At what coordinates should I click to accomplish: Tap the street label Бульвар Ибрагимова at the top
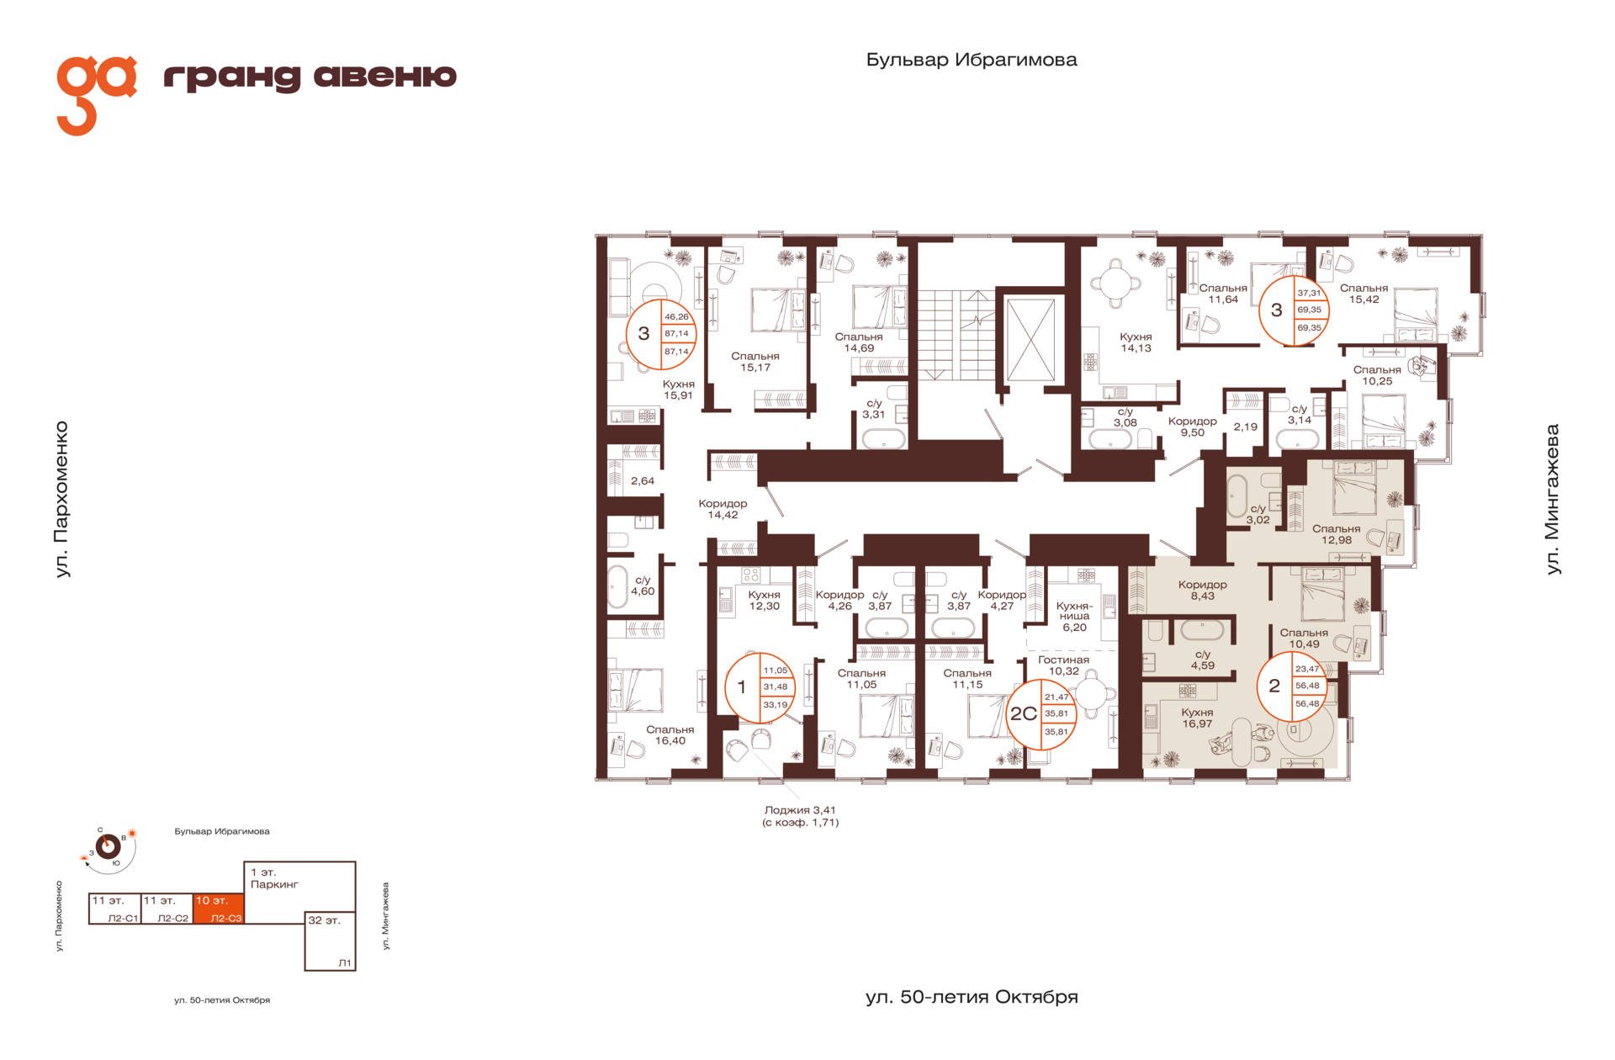click(x=972, y=60)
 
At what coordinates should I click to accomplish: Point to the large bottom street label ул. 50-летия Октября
click(x=972, y=997)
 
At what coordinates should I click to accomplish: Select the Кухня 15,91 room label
click(x=678, y=390)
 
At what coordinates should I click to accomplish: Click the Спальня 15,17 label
click(x=755, y=362)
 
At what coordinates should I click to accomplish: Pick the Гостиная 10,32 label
click(x=1063, y=665)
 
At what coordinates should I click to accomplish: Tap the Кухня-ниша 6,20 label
click(x=1074, y=616)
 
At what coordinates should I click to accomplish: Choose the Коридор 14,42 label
click(x=723, y=509)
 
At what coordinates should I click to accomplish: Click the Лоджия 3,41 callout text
click(x=800, y=816)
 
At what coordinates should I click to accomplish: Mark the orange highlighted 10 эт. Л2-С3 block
click(x=219, y=909)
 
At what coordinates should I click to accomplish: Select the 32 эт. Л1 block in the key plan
click(x=330, y=941)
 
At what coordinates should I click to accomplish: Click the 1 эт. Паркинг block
click(x=299, y=887)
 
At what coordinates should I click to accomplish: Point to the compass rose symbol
click(x=108, y=846)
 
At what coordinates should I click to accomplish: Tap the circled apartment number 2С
click(x=1023, y=714)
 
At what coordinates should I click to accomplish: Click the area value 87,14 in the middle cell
click(x=676, y=334)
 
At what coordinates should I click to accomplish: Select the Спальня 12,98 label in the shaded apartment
click(x=1336, y=534)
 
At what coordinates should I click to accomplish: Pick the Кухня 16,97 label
click(x=1197, y=718)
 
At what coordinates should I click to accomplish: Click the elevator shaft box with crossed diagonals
click(x=1030, y=340)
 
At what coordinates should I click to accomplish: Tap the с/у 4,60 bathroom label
click(x=643, y=586)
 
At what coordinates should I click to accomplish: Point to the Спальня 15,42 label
click(x=1363, y=294)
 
